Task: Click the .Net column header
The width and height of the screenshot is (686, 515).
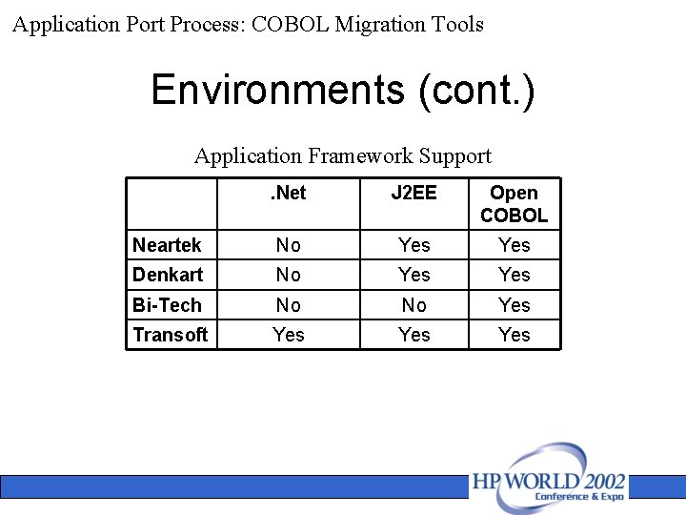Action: pos(288,194)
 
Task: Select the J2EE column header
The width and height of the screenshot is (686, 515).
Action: pos(414,194)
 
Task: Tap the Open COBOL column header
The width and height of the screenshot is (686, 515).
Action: pos(514,204)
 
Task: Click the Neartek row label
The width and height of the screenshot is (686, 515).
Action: pos(167,245)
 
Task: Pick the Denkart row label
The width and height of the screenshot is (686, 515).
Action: pos(168,275)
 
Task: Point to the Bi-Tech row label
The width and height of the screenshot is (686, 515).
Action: pos(167,305)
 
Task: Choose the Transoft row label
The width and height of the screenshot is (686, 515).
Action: pos(170,335)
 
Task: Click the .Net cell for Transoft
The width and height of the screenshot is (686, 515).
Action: pos(288,335)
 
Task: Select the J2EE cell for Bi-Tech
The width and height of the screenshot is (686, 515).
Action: pos(414,305)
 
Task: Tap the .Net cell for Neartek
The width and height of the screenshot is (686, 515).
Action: pos(288,245)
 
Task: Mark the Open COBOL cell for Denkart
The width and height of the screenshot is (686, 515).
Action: pos(514,275)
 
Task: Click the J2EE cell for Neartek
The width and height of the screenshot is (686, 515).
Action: pos(414,245)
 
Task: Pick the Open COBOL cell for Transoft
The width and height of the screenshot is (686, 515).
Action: pos(514,335)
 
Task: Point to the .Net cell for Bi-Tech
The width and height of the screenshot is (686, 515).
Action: pos(288,305)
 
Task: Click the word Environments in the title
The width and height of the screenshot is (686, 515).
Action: pos(277,91)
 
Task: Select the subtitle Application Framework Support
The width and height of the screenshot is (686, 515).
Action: pos(343,155)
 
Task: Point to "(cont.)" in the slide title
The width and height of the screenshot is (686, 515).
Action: pos(475,91)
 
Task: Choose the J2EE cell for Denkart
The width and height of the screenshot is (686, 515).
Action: pos(414,275)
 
